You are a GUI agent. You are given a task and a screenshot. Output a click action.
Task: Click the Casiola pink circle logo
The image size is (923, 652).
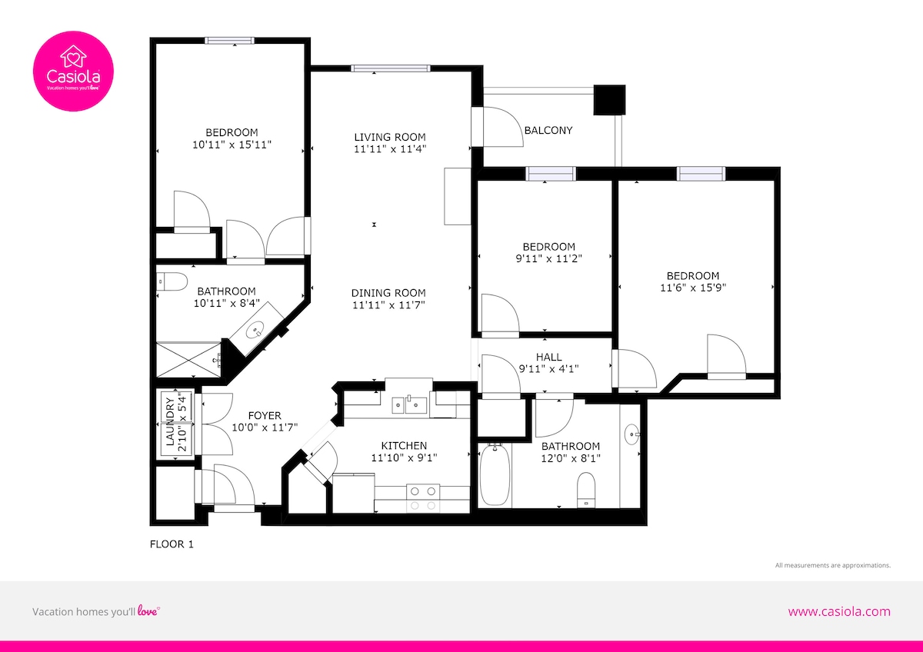pyautogui.click(x=73, y=71)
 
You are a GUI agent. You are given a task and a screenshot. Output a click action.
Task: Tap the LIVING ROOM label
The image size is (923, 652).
pyautogui.click(x=390, y=137)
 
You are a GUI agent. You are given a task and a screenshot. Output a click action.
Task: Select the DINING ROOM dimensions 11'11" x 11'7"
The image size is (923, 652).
pyautogui.click(x=388, y=304)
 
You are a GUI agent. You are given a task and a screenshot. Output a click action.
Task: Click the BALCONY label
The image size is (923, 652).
pyautogui.click(x=548, y=130)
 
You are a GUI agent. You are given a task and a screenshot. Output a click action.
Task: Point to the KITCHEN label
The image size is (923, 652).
pyautogui.click(x=404, y=445)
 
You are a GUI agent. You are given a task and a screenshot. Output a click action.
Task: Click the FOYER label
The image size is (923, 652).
pyautogui.click(x=265, y=415)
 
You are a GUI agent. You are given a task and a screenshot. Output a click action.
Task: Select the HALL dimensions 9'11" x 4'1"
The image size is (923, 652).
pyautogui.click(x=548, y=368)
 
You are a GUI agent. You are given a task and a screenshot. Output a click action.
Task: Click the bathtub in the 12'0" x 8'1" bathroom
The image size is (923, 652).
pyautogui.click(x=495, y=475)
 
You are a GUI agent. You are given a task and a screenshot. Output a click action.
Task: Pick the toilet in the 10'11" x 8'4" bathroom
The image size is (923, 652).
pyautogui.click(x=172, y=281)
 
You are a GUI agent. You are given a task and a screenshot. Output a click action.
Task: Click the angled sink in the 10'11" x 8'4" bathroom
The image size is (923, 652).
pyautogui.click(x=255, y=329)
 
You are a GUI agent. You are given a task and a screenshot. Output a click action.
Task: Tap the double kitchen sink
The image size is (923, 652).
pyautogui.click(x=409, y=405)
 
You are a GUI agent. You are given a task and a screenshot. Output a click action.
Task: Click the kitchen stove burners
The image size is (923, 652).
pyautogui.click(x=423, y=498)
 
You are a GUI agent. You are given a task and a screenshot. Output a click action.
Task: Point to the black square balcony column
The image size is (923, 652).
pyautogui.click(x=609, y=100)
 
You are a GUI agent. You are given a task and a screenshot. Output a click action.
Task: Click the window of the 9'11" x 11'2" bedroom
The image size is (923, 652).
pyautogui.click(x=551, y=174)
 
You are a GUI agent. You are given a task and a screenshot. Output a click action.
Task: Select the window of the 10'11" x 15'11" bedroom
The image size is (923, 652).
pyautogui.click(x=229, y=40)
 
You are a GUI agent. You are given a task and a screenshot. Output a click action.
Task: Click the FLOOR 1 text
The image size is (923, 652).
pyautogui.click(x=172, y=544)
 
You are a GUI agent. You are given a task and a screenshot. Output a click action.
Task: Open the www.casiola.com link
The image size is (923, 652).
pyautogui.click(x=839, y=612)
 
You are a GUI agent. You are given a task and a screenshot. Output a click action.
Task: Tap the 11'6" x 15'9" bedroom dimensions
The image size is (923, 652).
pyautogui.click(x=693, y=288)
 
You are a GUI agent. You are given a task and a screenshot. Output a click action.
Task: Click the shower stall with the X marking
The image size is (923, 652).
pyautogui.click(x=189, y=360)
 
